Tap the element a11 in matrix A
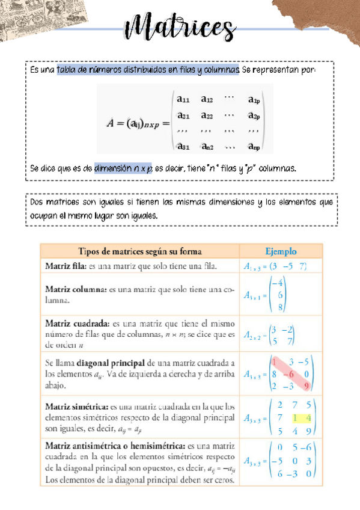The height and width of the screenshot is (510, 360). click(x=184, y=99)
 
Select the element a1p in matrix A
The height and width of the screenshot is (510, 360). click(x=254, y=100)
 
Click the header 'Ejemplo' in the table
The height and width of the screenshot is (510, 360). click(x=281, y=251)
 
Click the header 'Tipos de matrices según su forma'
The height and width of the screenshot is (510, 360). click(x=139, y=251)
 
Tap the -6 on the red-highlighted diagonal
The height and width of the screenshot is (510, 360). click(x=290, y=373)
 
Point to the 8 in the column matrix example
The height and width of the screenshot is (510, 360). click(x=280, y=307)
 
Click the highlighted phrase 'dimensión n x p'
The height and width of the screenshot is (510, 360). click(x=123, y=168)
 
